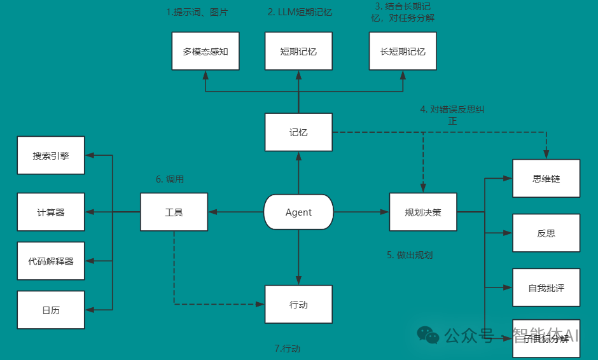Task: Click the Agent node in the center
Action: click(298, 212)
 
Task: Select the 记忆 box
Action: click(298, 132)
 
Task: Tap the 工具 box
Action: click(174, 212)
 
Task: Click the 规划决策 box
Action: click(423, 212)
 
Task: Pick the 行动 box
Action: click(298, 305)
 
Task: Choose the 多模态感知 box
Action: click(205, 51)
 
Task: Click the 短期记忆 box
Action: click(298, 51)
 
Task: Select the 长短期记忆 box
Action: click(403, 51)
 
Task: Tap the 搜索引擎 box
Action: click(51, 155)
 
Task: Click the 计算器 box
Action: click(51, 212)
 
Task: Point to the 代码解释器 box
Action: click(51, 261)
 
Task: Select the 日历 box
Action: click(51, 310)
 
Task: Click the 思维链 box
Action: click(546, 178)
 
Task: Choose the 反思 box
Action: click(546, 233)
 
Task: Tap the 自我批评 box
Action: click(546, 288)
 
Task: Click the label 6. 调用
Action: click(170, 179)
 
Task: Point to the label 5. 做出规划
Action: click(410, 255)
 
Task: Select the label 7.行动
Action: click(287, 349)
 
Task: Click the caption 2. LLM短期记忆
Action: click(300, 11)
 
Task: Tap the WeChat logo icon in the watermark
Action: click(428, 335)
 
